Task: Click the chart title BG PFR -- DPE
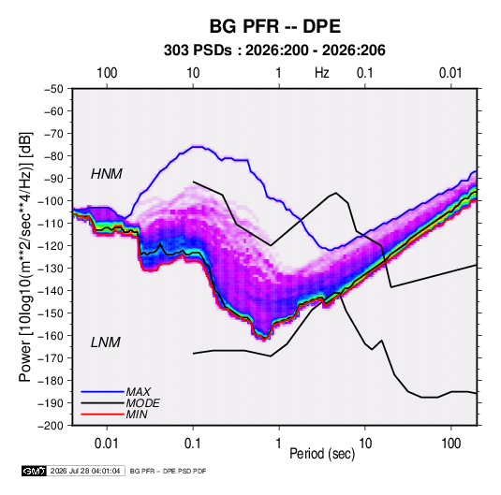(274, 26)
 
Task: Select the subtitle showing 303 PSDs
(274, 51)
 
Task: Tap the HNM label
(107, 174)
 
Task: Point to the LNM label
(106, 342)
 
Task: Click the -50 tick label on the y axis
(53, 89)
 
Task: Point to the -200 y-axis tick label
(51, 426)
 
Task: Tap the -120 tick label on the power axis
(51, 246)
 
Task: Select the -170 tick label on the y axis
(51, 358)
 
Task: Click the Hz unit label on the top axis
(322, 73)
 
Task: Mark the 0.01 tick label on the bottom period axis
(107, 444)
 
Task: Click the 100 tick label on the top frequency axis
(107, 73)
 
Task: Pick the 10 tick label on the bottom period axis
(365, 444)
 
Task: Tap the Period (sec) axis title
(322, 454)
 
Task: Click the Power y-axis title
(25, 256)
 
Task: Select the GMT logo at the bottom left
(35, 471)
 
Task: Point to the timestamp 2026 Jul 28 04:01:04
(85, 471)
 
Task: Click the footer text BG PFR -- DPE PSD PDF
(168, 471)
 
